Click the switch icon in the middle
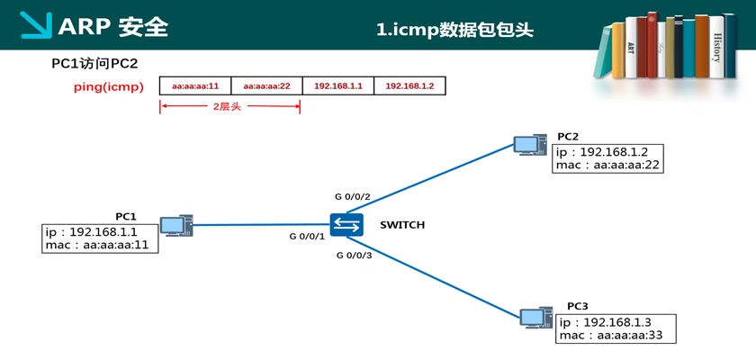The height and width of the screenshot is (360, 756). (346, 225)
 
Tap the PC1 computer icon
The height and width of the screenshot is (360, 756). (176, 226)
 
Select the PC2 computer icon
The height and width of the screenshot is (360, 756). (530, 145)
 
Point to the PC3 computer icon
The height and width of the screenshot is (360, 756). (536, 318)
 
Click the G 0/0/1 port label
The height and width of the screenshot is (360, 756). (307, 237)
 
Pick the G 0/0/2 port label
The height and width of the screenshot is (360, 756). (353, 196)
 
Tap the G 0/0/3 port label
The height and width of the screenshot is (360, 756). (354, 256)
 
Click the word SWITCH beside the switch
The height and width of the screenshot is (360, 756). (402, 225)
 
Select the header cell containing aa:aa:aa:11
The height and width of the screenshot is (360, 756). (195, 85)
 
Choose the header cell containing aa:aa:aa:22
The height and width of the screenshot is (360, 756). (266, 85)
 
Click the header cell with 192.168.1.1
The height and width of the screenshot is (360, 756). (338, 85)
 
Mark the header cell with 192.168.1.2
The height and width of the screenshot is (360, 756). (409, 85)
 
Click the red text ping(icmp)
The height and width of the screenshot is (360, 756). (109, 87)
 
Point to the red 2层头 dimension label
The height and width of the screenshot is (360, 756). (227, 107)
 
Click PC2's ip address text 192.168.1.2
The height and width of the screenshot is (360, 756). (613, 152)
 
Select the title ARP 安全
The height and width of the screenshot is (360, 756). (112, 28)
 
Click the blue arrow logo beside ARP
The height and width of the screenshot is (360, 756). (36, 25)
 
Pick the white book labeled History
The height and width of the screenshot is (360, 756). (716, 47)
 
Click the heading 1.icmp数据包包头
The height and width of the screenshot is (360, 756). (455, 31)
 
